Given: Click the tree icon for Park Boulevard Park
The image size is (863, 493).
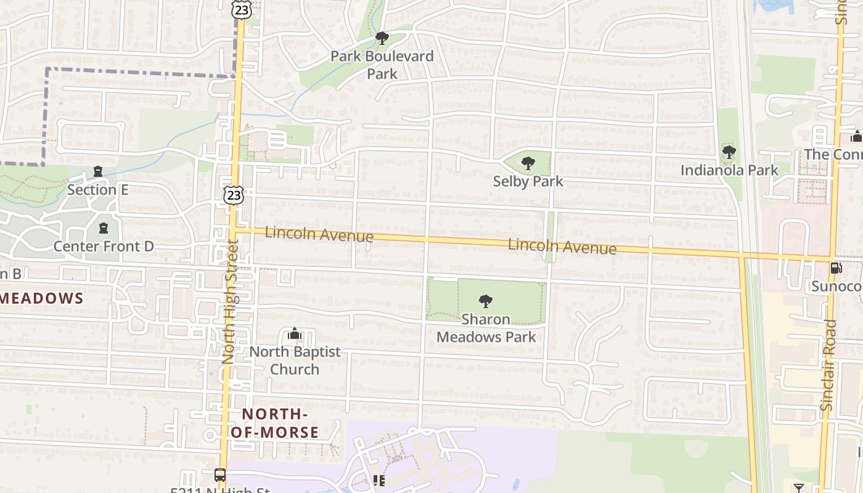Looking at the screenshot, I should (x=382, y=38).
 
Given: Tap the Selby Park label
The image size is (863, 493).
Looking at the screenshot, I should (x=528, y=181).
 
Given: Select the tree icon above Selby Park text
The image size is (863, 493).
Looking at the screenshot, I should (x=528, y=163).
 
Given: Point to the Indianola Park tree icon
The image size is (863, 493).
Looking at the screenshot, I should (x=729, y=152).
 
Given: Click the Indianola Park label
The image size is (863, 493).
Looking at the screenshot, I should (x=729, y=170).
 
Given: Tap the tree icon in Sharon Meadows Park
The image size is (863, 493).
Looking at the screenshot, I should (x=486, y=301).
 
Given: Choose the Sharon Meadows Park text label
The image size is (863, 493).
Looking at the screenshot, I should (x=486, y=328).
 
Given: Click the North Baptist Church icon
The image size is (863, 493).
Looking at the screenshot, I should (x=295, y=335).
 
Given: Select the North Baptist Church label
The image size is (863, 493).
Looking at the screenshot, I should (x=295, y=361).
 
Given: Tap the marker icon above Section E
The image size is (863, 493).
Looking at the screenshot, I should (x=97, y=172).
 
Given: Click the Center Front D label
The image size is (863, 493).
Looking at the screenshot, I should (x=104, y=246).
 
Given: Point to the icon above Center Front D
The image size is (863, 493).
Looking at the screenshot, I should (x=104, y=229).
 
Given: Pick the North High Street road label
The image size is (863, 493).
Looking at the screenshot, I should (x=229, y=302).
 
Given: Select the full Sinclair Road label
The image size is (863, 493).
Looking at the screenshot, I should (x=829, y=365).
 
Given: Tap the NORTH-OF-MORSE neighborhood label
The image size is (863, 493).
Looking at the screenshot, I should (x=275, y=423).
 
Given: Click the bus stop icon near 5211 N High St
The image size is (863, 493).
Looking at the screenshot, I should (x=220, y=475).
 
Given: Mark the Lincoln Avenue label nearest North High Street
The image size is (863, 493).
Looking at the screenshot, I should (x=319, y=235).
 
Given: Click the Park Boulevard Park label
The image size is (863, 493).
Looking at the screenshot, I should (x=382, y=65).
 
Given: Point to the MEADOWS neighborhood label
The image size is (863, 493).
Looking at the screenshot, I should (x=42, y=299).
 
